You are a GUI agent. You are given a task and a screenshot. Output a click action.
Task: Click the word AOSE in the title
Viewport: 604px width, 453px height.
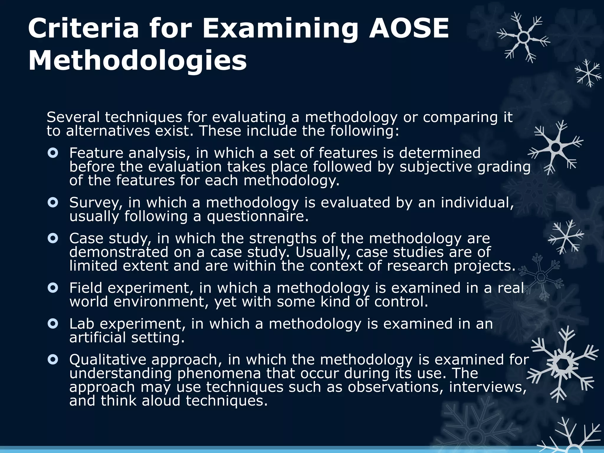(409, 28)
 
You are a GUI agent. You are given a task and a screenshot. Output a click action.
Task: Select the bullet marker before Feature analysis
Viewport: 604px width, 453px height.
(53, 153)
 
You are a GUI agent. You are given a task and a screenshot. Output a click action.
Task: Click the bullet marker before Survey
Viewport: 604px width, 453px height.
(53, 203)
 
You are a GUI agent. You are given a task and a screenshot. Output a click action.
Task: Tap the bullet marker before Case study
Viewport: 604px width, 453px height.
(53, 238)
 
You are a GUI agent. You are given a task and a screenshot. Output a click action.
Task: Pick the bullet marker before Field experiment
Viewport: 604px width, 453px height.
(53, 288)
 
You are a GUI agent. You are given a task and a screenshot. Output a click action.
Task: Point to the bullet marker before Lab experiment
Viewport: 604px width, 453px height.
(53, 324)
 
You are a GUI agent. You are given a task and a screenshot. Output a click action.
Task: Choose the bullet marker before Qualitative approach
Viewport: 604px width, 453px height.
(53, 360)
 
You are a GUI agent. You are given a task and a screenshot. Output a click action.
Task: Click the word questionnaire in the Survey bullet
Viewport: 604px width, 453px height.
(257, 217)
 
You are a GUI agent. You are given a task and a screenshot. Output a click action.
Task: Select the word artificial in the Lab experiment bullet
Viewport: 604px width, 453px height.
(97, 337)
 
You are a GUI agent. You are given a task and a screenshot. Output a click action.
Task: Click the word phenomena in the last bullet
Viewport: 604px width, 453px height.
(219, 374)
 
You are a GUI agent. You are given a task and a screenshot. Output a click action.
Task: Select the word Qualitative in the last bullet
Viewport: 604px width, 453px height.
(108, 360)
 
